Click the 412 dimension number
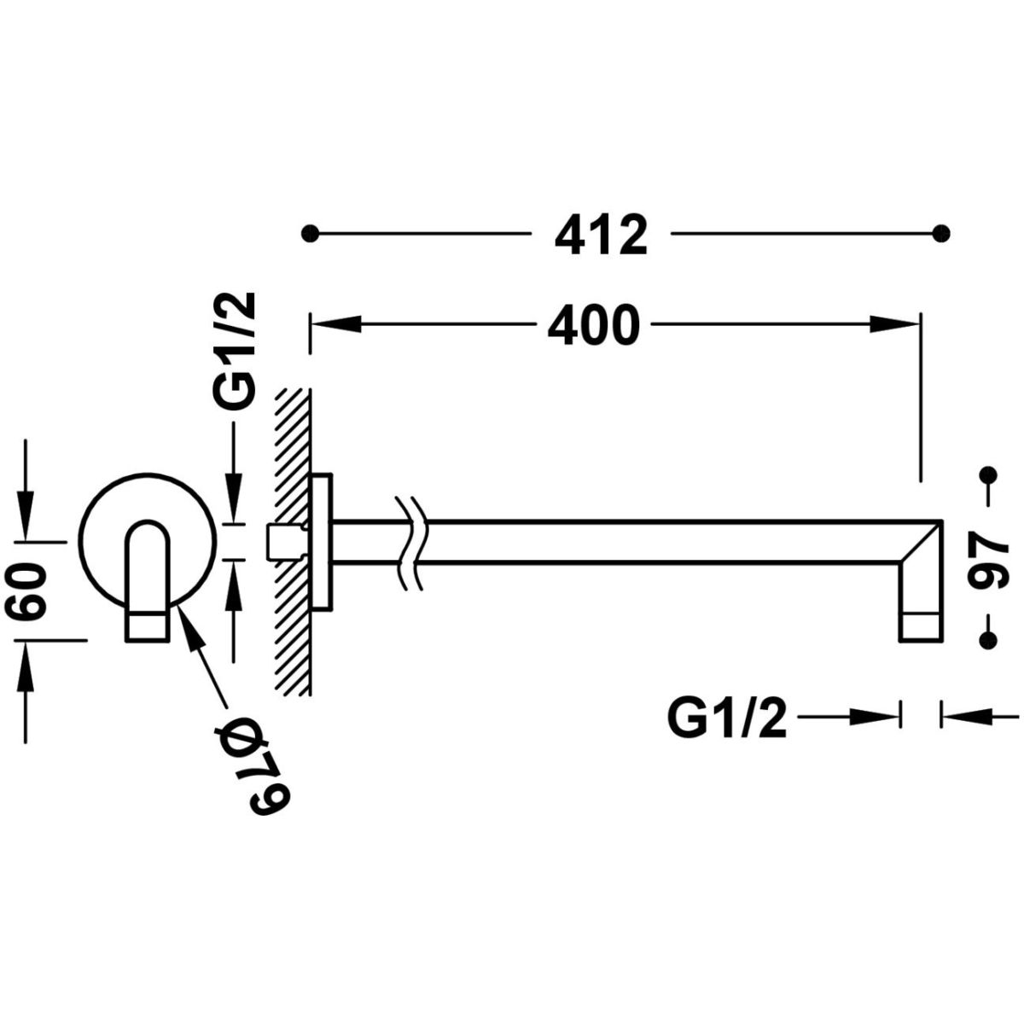[x=601, y=235]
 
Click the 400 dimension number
[x=593, y=324]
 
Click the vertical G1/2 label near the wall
[x=235, y=350]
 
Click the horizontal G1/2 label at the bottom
[x=727, y=719]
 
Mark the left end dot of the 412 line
[x=309, y=233]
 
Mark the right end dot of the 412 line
[x=941, y=233]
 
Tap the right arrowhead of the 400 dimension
[x=894, y=324]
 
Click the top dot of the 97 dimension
[x=988, y=474]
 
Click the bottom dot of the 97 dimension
[x=988, y=639]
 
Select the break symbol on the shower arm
[x=410, y=544]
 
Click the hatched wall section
[x=293, y=542]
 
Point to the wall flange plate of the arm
[x=322, y=542]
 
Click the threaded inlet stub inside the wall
[x=285, y=542]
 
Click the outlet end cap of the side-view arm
[x=921, y=627]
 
